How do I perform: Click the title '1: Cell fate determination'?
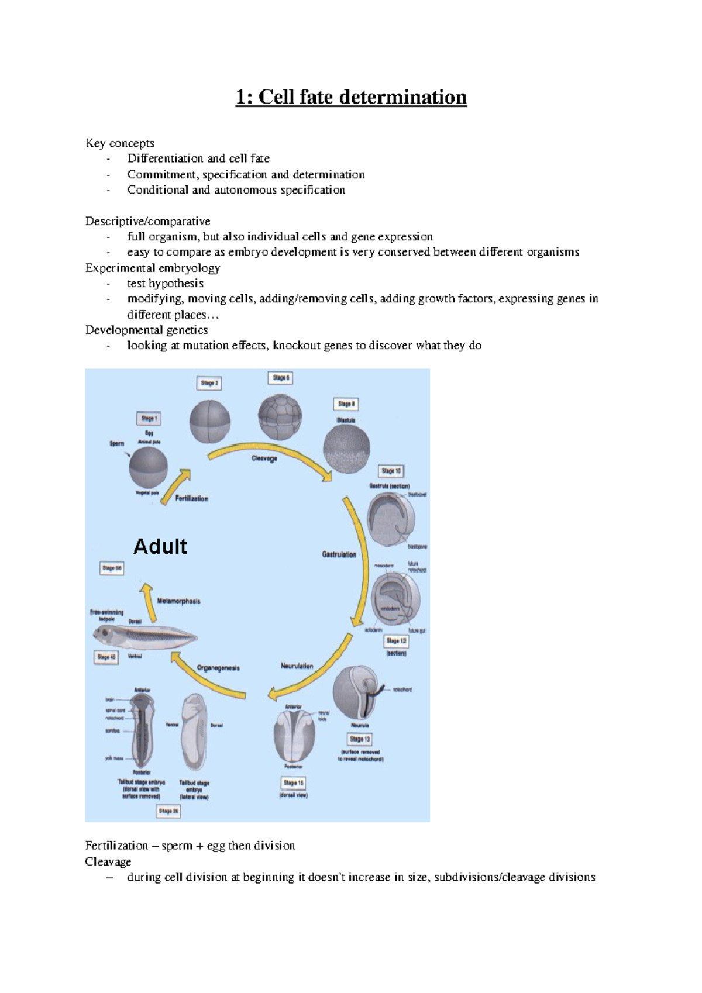(351, 97)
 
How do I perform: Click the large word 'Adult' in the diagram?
(160, 547)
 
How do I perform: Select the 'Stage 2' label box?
(209, 384)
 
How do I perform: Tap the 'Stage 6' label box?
(281, 378)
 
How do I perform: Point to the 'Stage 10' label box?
(391, 471)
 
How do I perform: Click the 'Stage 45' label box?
(106, 657)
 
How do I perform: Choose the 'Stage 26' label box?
(168, 811)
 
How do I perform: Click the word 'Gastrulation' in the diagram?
(339, 554)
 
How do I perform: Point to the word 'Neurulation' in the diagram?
(297, 666)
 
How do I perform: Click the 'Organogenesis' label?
(218, 668)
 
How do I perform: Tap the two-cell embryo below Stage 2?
(210, 422)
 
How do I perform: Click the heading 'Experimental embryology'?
(153, 268)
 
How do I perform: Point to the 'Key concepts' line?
(120, 143)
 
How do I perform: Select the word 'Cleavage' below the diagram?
(108, 861)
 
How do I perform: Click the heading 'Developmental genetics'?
(146, 330)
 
